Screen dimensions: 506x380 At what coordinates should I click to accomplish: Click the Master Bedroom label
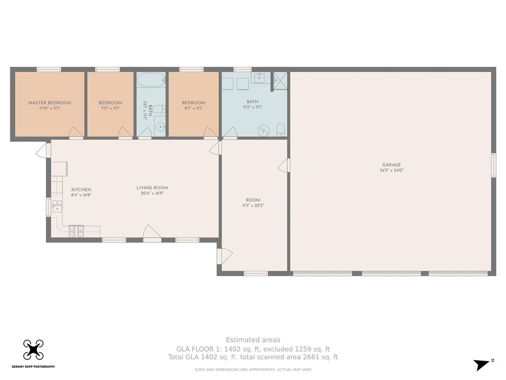coord(50,103)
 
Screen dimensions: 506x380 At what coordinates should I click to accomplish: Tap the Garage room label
coord(391,165)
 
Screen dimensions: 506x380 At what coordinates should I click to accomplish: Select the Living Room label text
coord(152,188)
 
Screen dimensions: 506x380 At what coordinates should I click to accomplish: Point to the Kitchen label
coord(81,190)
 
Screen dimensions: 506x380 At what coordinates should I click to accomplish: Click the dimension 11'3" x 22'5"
coord(253,205)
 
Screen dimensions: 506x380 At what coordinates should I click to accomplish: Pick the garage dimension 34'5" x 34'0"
coord(391,170)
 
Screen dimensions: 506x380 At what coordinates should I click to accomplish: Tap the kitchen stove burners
coord(76,231)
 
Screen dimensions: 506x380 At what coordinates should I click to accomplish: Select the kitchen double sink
coord(57,206)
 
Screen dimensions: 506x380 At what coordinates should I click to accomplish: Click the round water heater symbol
coord(263,131)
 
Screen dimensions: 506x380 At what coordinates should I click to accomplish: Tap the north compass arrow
coord(482,364)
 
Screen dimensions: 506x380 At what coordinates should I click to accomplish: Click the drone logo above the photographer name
coord(33,350)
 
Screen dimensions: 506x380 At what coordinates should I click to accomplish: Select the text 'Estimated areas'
coord(253,340)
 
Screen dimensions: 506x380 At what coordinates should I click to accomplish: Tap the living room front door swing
coord(152,232)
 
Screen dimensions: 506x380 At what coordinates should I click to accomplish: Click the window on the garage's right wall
coord(494,165)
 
